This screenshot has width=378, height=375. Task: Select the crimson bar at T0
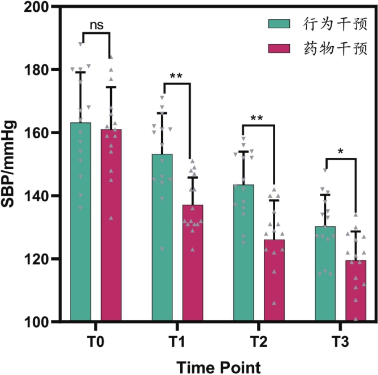pos(111,226)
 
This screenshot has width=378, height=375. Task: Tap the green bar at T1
pos(162,237)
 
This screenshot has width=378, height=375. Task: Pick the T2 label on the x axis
pos(259,342)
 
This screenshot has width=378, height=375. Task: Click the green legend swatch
pos(279,24)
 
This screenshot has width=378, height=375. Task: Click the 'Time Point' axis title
pos(218,366)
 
